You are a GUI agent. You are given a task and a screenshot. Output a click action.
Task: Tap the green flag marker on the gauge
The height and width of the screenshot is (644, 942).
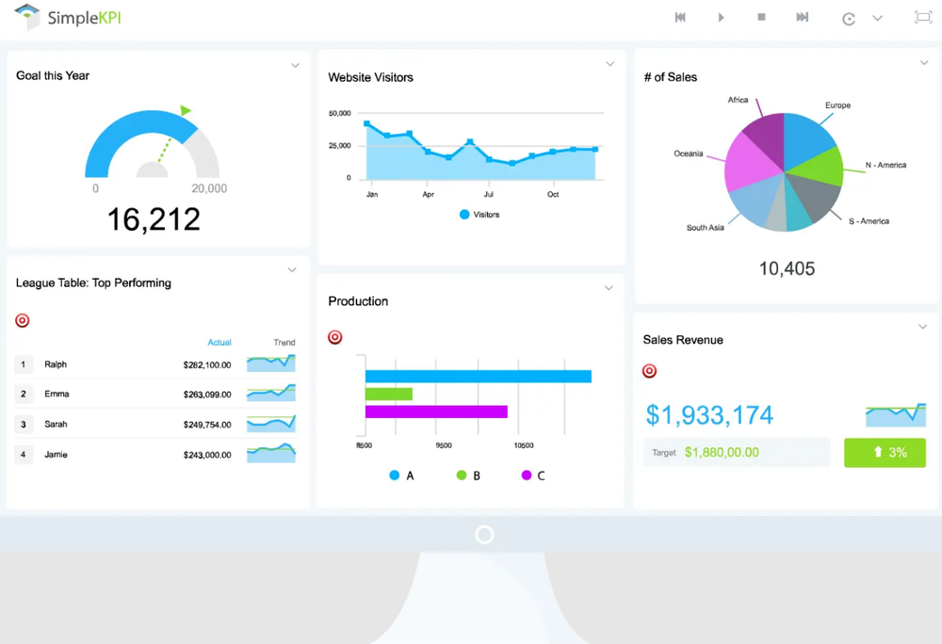(x=186, y=111)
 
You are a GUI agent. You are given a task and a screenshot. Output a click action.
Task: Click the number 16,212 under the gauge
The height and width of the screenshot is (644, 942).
(x=154, y=219)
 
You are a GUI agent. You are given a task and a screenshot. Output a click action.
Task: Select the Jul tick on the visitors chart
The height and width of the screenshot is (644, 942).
(x=489, y=194)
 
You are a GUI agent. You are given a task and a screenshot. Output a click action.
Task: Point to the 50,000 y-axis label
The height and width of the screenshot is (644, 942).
(x=339, y=114)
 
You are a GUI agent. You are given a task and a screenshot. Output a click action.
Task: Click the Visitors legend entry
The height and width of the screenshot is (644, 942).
(x=479, y=215)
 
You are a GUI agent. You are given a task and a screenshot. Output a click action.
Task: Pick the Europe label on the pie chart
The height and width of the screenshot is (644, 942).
(x=837, y=105)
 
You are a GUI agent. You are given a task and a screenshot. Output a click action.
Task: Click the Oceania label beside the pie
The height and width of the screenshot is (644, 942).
(x=688, y=153)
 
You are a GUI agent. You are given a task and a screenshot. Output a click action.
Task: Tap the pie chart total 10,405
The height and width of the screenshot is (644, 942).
(x=787, y=269)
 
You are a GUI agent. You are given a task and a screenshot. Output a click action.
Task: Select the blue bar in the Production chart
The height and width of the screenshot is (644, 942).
(x=478, y=377)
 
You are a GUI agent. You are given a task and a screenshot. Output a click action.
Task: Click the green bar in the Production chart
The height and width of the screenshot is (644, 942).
(x=388, y=394)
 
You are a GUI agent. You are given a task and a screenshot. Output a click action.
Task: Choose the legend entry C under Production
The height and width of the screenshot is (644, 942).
(x=533, y=475)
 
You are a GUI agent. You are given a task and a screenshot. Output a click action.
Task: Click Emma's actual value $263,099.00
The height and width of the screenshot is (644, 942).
(x=207, y=394)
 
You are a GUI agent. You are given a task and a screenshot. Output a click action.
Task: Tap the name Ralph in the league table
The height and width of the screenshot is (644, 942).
(x=56, y=364)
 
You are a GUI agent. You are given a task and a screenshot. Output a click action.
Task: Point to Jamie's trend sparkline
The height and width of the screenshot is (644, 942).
(x=270, y=454)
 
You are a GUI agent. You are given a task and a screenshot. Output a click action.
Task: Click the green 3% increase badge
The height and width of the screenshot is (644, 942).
(x=885, y=452)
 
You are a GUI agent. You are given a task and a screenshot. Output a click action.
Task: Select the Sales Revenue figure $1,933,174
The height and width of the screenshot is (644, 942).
(x=709, y=415)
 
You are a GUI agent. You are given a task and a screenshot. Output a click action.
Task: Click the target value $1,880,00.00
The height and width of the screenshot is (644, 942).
(x=722, y=452)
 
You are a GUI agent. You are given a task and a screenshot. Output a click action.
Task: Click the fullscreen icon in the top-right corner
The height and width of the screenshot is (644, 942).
(x=922, y=18)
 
